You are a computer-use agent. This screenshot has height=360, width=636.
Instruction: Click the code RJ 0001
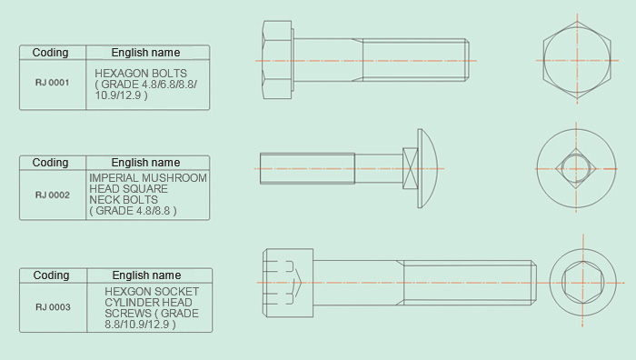[53, 83]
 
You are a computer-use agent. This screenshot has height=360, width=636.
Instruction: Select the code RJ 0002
[53, 195]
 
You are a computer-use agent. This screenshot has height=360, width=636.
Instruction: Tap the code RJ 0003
[53, 307]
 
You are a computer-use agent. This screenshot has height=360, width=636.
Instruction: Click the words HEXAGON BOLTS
[141, 74]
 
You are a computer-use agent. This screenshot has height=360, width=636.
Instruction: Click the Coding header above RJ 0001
[50, 53]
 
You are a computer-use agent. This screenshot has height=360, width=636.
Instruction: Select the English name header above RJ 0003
[146, 275]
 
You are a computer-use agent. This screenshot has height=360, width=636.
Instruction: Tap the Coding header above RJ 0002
[50, 163]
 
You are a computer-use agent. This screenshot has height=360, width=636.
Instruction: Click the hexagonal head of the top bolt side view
[277, 60]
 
